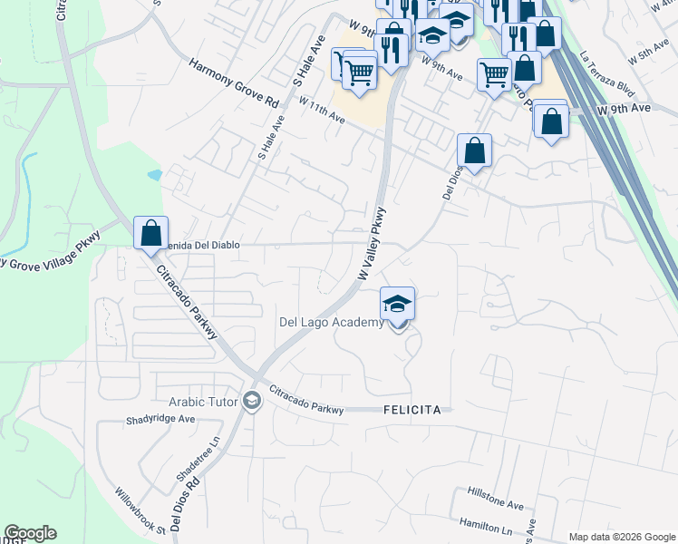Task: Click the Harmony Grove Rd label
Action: (234, 84)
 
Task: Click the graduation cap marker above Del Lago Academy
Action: (397, 304)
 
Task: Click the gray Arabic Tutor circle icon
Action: (252, 401)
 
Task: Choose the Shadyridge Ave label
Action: (161, 420)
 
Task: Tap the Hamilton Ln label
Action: (486, 526)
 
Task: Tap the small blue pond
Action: (154, 173)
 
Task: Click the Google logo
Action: (30, 533)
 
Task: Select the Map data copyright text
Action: (621, 537)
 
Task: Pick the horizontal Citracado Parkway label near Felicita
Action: (306, 403)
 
